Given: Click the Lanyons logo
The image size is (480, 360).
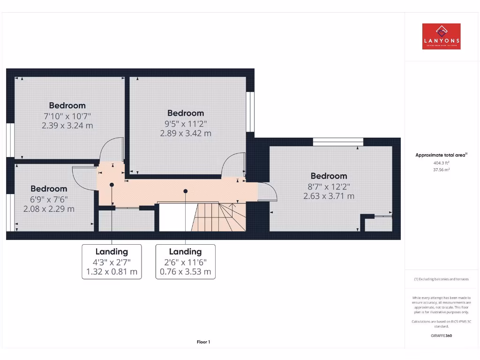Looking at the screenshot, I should point(441,37).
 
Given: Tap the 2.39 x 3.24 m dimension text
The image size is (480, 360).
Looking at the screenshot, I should point(67,125).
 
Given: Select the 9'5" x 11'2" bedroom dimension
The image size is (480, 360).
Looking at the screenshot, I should point(186,123).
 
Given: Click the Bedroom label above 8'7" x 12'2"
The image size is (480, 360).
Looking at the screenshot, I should point(329,176).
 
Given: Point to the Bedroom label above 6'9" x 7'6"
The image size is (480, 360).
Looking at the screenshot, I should point(49,188).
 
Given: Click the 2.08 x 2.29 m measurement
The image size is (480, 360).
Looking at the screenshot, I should point(49,209).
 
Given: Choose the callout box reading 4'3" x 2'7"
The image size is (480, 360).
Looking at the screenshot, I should point(112,262).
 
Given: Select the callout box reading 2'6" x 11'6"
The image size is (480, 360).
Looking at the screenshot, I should point(186,262).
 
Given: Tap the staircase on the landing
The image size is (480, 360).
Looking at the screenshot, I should point(218,217).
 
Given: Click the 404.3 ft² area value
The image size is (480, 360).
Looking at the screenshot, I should point(441,163).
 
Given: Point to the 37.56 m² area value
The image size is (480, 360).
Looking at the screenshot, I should point(441,170).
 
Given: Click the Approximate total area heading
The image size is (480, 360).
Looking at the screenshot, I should point(441,155).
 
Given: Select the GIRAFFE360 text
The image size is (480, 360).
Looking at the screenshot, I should point(441,336).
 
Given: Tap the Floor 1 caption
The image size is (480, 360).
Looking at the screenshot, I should point(203,342).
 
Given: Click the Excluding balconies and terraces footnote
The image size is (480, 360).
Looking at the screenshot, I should point(441,279).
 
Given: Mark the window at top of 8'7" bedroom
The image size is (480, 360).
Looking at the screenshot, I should point(338,142).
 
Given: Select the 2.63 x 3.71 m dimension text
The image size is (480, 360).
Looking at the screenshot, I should point(329,196).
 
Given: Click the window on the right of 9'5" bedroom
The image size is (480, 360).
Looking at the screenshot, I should point(250,112).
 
